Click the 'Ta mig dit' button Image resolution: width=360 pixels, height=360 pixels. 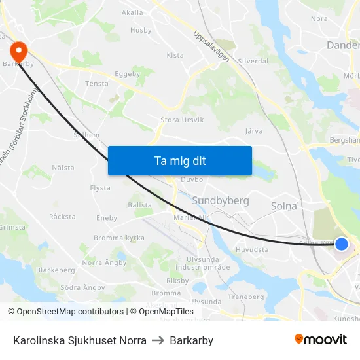[x=179, y=160]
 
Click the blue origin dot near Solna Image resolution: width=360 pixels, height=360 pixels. [x=341, y=244]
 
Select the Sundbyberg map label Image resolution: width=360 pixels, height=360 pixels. [x=221, y=200]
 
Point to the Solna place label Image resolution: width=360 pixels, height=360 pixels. [x=283, y=206]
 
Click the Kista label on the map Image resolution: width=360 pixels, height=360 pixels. [x=175, y=56]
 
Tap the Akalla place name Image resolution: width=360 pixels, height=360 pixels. [x=132, y=12]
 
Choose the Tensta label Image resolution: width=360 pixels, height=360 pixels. [x=97, y=84]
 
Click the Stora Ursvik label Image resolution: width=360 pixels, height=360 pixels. [x=182, y=120]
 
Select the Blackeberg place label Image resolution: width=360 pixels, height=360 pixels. [x=56, y=270]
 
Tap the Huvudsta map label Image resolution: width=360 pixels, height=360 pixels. [x=252, y=249]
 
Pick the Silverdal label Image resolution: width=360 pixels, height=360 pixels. [x=253, y=60]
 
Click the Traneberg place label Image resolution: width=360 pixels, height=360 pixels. [x=245, y=297]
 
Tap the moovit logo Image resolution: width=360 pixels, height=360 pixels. [x=320, y=340]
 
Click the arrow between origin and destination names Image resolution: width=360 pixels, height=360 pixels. [x=158, y=340]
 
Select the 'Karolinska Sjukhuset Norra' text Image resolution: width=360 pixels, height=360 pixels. [x=80, y=340]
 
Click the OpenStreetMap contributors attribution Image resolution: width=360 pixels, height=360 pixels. [x=70, y=312]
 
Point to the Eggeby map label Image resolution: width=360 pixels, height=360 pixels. [x=128, y=74]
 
